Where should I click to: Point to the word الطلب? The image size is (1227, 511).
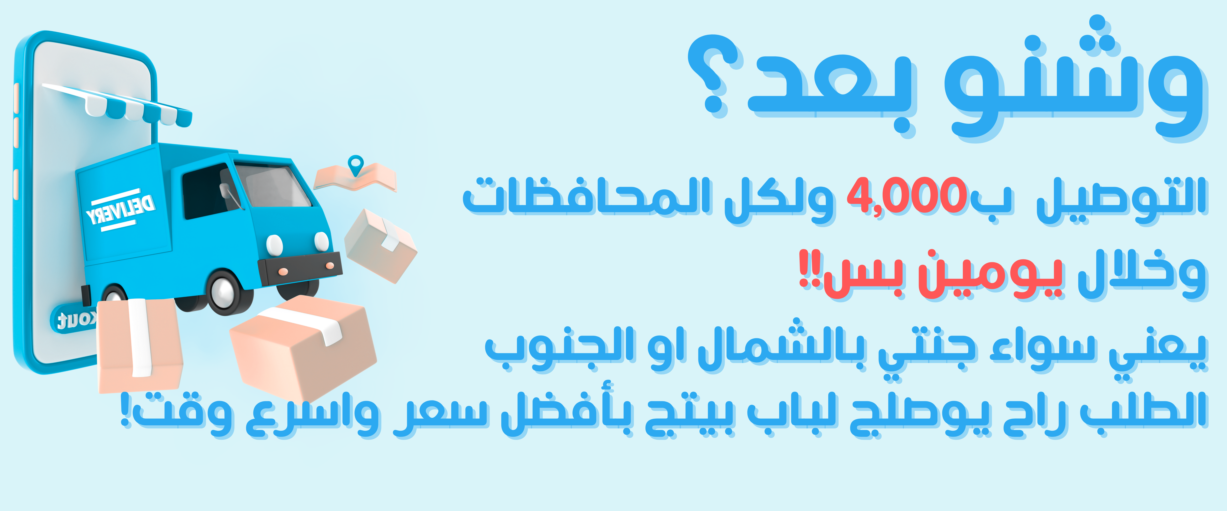pyautogui.click(x=1143, y=410)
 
